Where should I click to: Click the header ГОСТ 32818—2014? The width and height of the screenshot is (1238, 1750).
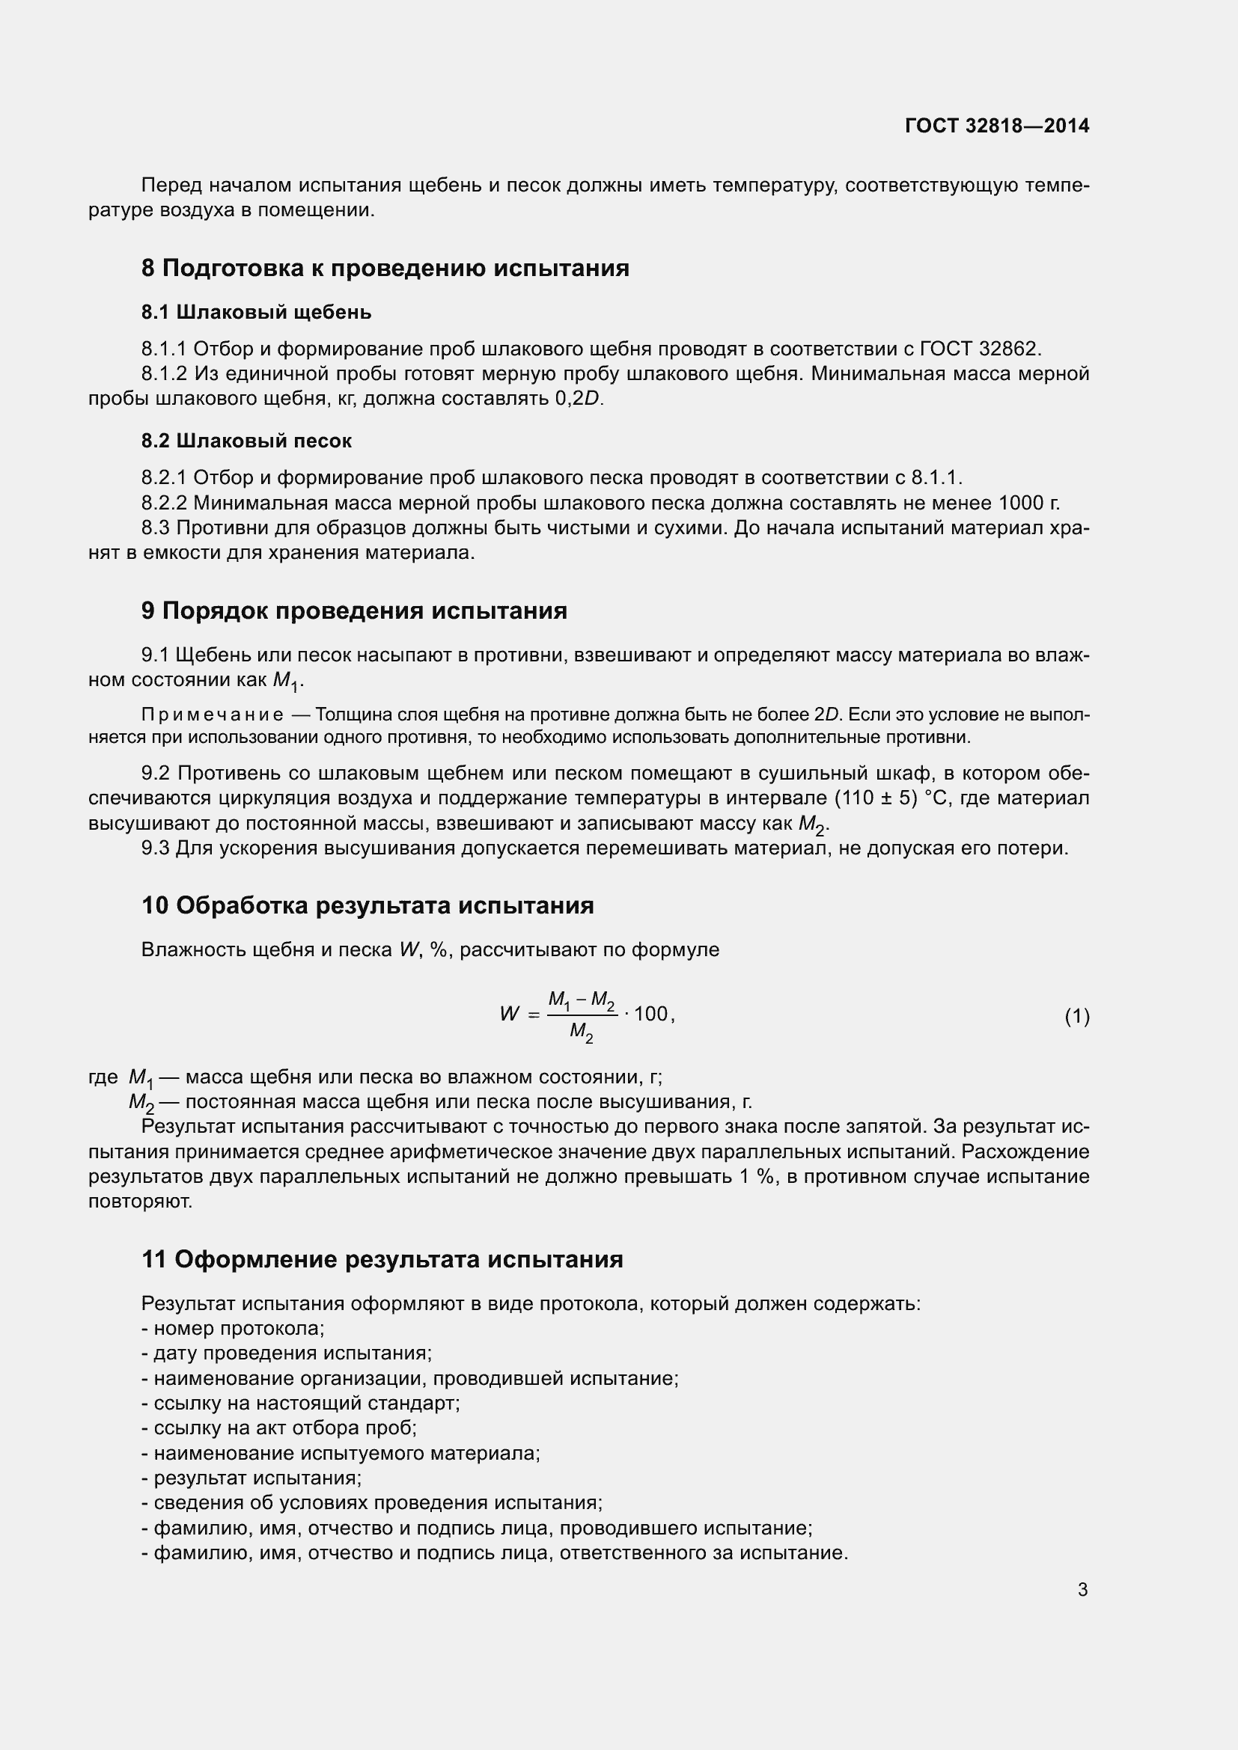pyautogui.click(x=996, y=126)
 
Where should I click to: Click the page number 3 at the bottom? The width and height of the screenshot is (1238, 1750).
pyautogui.click(x=1082, y=1589)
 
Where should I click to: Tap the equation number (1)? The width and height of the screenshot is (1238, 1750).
pyautogui.click(x=1076, y=1016)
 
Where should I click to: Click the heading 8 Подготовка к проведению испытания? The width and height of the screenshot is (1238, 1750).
pyautogui.click(x=385, y=269)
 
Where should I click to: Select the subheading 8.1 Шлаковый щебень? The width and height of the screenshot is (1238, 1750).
pyautogui.click(x=256, y=312)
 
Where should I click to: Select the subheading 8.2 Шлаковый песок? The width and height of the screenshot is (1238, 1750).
pyautogui.click(x=246, y=441)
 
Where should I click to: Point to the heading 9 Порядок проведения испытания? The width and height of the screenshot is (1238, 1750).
pyautogui.click(x=354, y=611)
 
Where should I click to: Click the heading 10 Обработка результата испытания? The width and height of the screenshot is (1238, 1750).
pyautogui.click(x=368, y=905)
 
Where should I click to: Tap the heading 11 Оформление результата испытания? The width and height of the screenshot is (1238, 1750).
pyautogui.click(x=382, y=1259)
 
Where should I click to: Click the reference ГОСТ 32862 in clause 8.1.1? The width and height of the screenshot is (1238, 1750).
pyautogui.click(x=980, y=349)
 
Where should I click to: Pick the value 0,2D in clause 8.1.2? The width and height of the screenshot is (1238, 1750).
pyautogui.click(x=577, y=399)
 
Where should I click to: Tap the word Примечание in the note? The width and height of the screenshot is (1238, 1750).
pyautogui.click(x=212, y=715)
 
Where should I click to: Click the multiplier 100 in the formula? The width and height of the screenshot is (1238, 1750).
pyautogui.click(x=650, y=1014)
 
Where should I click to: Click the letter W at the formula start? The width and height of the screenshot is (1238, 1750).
pyautogui.click(x=508, y=1015)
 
